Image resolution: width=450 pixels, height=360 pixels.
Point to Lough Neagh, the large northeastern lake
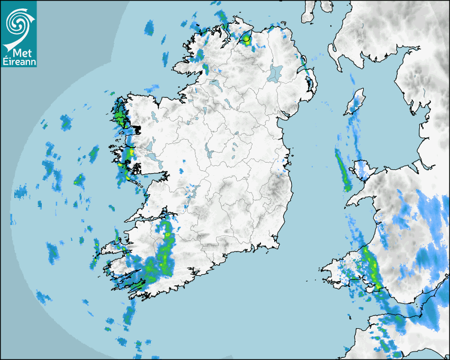[x=275, y=73]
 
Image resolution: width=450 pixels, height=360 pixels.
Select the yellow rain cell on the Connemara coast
[x=128, y=154]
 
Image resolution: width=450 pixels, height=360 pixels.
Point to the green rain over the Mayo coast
[x=119, y=114]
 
